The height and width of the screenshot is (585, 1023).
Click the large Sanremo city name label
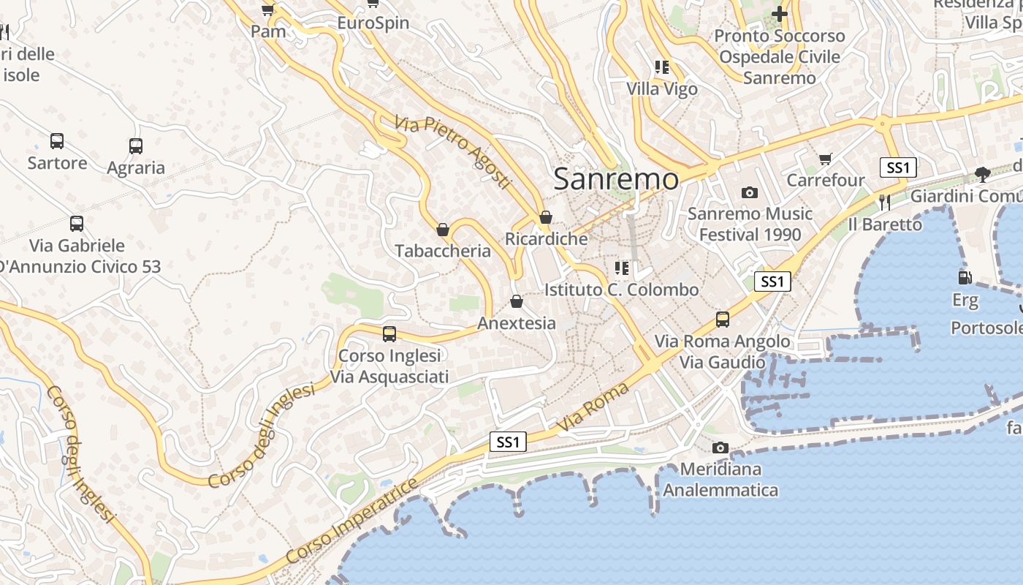(616, 179)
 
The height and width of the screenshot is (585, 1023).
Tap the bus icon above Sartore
(57, 141)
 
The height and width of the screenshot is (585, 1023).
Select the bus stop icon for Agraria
(136, 146)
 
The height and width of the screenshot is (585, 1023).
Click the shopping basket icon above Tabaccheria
(442, 230)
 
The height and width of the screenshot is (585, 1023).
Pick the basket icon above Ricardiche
(545, 217)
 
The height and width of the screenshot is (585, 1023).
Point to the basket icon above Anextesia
(517, 301)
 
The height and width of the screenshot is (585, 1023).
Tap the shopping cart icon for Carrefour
(826, 159)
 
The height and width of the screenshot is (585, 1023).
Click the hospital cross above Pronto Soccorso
(780, 14)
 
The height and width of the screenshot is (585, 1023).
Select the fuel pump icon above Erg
(965, 278)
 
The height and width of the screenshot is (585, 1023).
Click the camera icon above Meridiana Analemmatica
(720, 448)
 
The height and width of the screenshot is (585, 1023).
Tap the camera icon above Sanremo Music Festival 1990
(749, 193)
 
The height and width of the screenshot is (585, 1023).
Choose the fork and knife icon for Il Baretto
(885, 202)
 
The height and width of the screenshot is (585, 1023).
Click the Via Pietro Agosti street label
(452, 151)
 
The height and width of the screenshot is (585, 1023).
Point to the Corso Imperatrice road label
(352, 521)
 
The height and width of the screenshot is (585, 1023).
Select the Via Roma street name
(593, 407)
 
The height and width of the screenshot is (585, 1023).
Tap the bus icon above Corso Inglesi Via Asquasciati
(389, 334)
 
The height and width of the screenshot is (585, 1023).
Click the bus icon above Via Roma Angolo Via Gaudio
(723, 320)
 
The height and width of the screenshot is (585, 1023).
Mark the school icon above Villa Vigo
(662, 68)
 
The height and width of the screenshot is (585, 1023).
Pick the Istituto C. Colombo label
(621, 290)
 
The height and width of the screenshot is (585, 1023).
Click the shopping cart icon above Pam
(267, 10)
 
